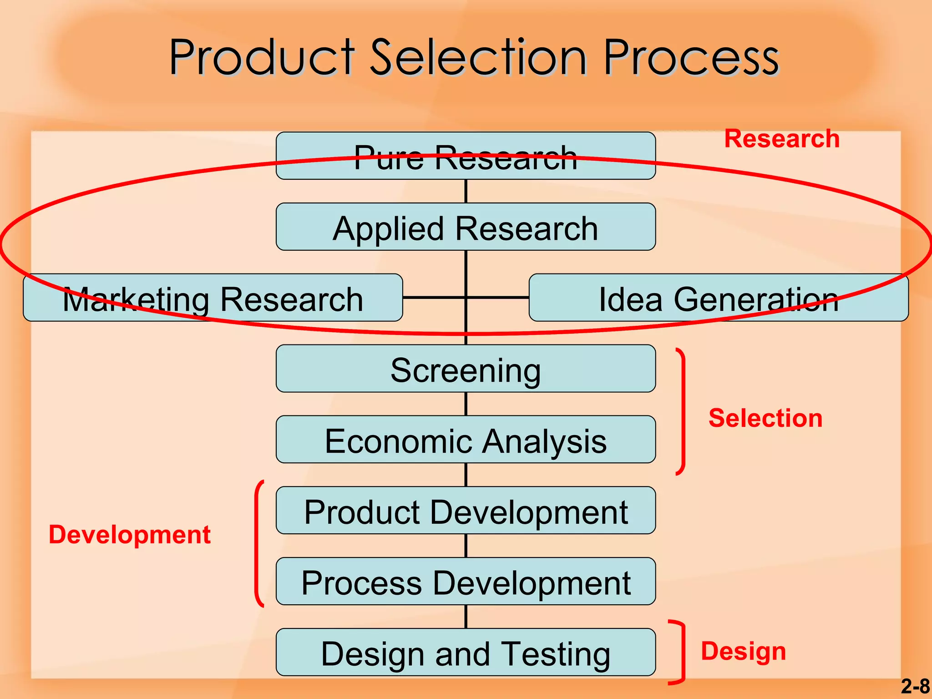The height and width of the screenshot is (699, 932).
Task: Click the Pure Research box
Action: pyautogui.click(x=466, y=156)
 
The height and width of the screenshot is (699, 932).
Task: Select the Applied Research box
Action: pyautogui.click(x=466, y=227)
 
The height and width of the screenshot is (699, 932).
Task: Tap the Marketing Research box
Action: pyautogui.click(x=213, y=298)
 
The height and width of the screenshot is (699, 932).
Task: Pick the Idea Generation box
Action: pyautogui.click(x=719, y=298)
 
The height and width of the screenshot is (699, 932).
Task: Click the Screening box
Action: pyautogui.click(x=466, y=369)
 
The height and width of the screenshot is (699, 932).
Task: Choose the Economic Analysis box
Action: pyautogui.click(x=466, y=440)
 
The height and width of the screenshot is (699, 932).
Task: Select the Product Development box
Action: pyautogui.click(x=466, y=511)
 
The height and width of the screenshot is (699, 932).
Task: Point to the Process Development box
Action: pyautogui.click(x=466, y=582)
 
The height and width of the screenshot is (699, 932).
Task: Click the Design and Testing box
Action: pyautogui.click(x=466, y=653)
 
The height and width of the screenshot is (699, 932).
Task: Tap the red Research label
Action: pyautogui.click(x=781, y=139)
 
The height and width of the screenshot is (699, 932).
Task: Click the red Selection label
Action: pyautogui.click(x=765, y=418)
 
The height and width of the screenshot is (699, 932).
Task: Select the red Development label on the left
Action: pyautogui.click(x=130, y=534)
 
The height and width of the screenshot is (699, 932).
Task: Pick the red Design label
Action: pyautogui.click(x=743, y=651)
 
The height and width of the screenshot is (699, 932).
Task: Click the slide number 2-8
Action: pyautogui.click(x=915, y=686)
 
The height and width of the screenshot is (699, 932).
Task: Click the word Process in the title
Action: pyautogui.click(x=690, y=58)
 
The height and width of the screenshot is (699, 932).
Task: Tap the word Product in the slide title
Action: pyautogui.click(x=262, y=58)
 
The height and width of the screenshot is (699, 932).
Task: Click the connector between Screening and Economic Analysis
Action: pyautogui.click(x=466, y=404)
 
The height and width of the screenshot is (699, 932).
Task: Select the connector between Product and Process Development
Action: pyautogui.click(x=466, y=546)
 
